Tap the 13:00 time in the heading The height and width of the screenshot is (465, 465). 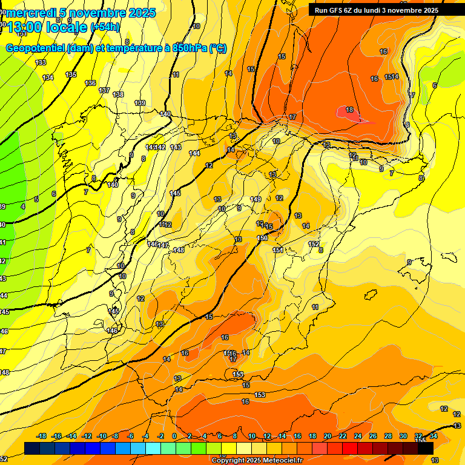25,27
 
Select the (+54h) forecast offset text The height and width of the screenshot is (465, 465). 105,27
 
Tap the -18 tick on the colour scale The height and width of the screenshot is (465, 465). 41,436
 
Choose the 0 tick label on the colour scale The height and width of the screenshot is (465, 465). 174,436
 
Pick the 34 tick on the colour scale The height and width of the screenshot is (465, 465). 433,436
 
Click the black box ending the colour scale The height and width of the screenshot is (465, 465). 426,448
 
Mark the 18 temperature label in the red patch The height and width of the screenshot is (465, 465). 349,110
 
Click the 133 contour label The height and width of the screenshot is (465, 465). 41,62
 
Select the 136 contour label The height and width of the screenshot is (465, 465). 90,83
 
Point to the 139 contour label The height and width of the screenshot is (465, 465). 140,103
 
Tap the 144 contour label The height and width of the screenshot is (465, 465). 194,153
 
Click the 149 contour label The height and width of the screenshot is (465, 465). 256,199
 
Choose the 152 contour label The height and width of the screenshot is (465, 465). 314,244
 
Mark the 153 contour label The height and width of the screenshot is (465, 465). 260,395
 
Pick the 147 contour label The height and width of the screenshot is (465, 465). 163,245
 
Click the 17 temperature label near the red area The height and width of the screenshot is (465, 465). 292,117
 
